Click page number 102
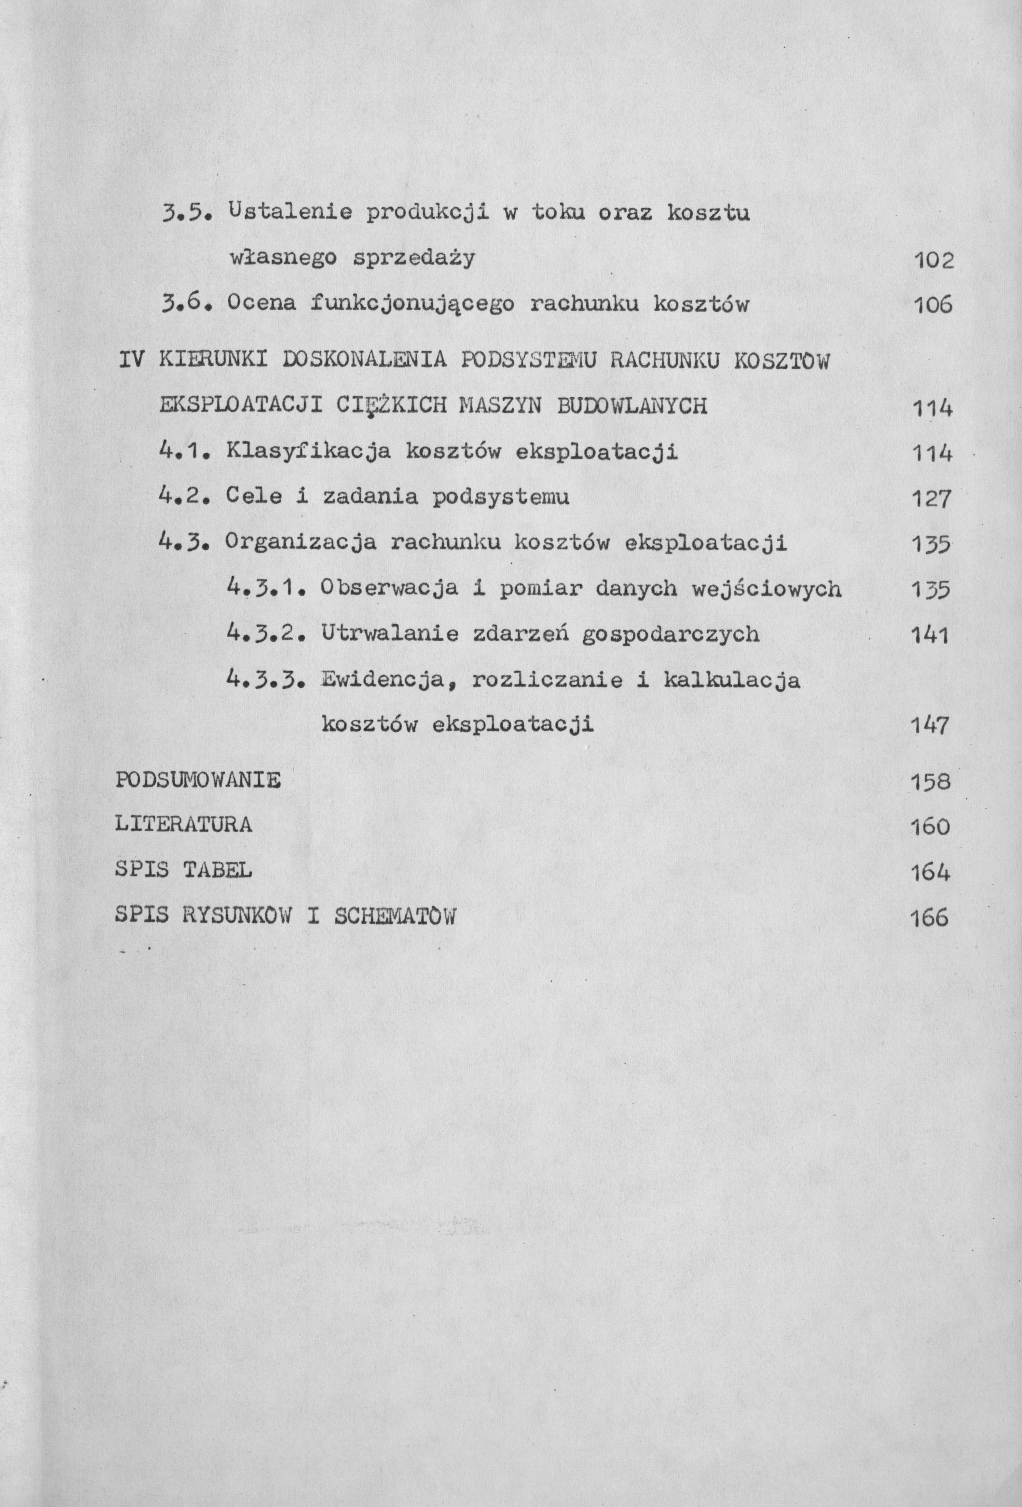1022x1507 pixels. click(934, 261)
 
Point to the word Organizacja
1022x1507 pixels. click(301, 543)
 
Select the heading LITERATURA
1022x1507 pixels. click(184, 825)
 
